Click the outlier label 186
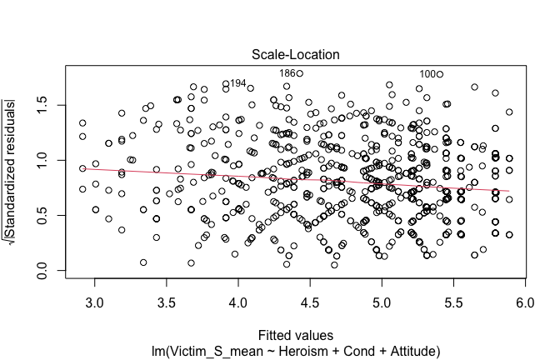coord(287,73)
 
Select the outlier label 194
coord(237,83)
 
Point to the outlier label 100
coord(427,74)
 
